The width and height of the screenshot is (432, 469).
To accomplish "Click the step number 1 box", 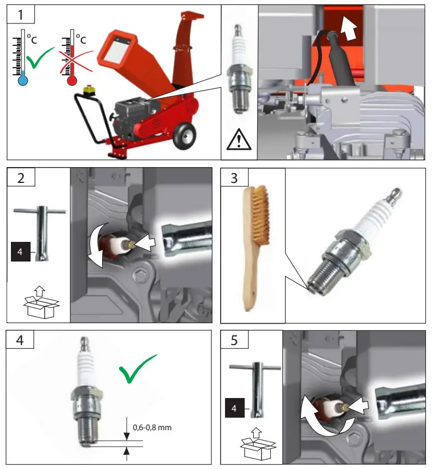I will click(20, 14).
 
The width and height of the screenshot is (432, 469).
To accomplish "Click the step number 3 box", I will click(234, 179).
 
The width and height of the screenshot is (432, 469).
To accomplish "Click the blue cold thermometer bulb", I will click(22, 81).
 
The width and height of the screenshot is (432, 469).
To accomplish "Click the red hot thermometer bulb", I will click(72, 81).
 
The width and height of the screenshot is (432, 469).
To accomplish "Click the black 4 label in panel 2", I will click(20, 253).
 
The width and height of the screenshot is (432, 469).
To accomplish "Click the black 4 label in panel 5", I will click(234, 407).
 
